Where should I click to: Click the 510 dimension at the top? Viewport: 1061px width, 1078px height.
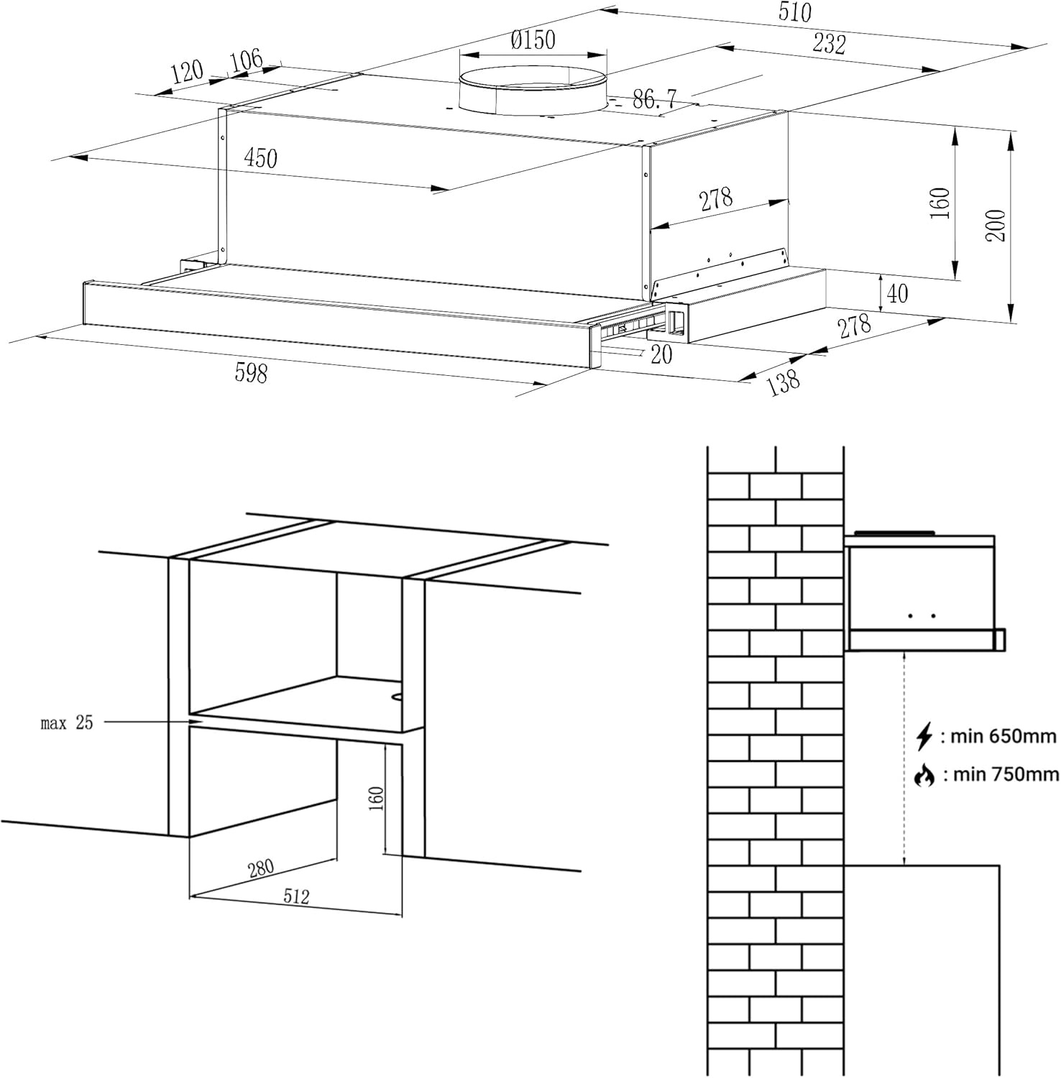coord(794,12)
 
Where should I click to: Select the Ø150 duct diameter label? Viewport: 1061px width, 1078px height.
coord(533,40)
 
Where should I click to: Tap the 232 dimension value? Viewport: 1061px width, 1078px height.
coord(829,44)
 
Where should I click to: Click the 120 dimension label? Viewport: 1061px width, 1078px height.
coord(187,72)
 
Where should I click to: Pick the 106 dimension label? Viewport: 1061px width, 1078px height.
coord(246,60)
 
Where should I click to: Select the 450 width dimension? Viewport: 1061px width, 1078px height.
coord(260,157)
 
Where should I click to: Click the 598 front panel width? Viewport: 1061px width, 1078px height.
coord(251,372)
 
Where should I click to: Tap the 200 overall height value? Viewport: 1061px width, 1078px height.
coord(996,225)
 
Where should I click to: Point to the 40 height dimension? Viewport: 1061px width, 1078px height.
coord(898,293)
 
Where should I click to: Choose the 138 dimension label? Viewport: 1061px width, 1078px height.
coord(783,381)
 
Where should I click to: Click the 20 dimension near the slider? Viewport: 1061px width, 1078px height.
coord(661,354)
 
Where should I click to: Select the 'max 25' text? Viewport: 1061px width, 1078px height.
coord(67,723)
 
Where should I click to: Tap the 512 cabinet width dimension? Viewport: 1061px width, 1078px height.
coord(295,896)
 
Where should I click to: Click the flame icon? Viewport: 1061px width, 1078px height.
coord(924,775)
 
